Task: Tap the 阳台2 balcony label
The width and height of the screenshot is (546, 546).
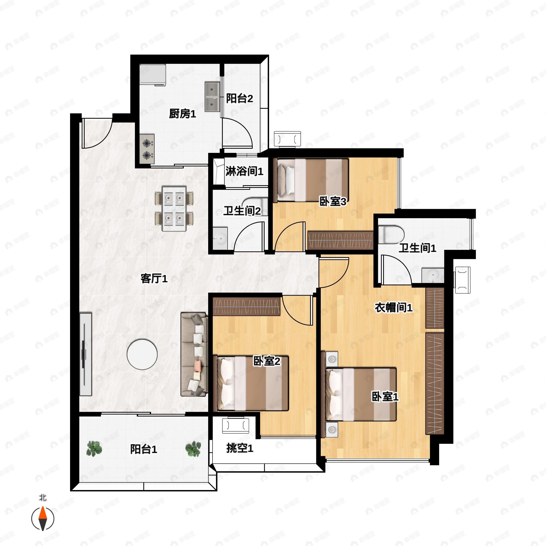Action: tap(239, 99)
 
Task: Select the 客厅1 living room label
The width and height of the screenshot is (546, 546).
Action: tap(154, 279)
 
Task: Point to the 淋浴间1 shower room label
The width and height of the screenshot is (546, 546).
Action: tap(244, 171)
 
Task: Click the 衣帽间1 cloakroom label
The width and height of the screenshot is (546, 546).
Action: tap(393, 308)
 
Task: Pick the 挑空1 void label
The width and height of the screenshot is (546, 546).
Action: tap(240, 448)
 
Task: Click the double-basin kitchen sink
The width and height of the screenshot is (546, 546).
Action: tap(212, 97)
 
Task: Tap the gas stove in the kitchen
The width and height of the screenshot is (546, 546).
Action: tap(147, 149)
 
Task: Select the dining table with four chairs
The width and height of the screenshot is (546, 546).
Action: tap(174, 208)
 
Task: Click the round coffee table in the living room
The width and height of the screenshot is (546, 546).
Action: tap(142, 354)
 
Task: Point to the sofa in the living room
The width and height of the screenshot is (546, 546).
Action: tap(194, 354)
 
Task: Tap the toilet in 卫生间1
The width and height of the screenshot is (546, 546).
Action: tap(391, 234)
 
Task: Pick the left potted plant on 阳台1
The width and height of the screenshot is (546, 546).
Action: tap(94, 448)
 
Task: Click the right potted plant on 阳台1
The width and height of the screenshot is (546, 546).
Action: tap(193, 448)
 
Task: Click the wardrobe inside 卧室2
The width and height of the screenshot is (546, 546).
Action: tap(246, 306)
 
